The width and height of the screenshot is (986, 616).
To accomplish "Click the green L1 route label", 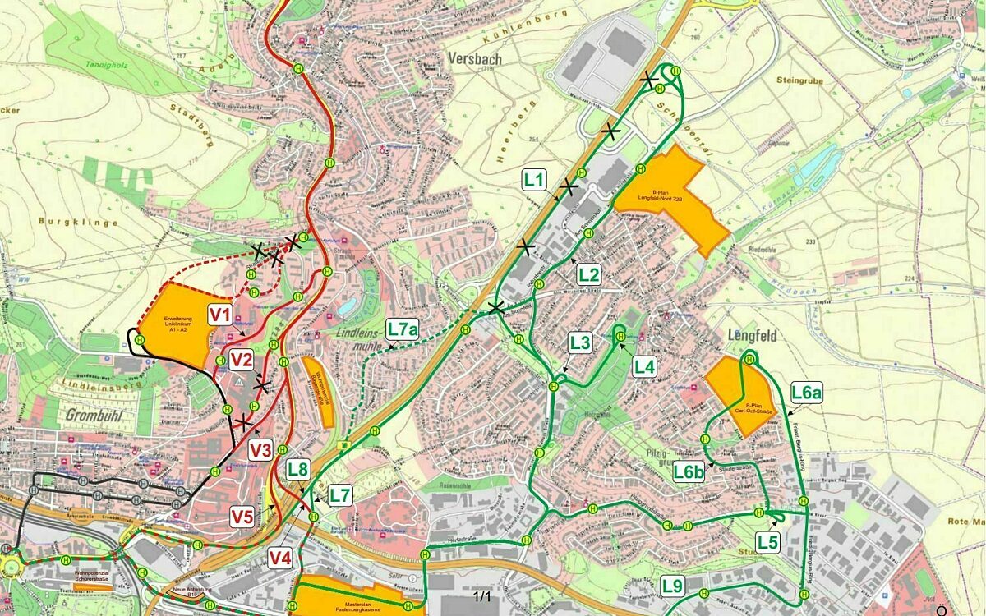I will [535, 178].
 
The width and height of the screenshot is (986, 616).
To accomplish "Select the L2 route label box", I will [589, 274].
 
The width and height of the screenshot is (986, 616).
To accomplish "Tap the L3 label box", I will [580, 342].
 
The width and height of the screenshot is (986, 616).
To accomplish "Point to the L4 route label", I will [645, 367].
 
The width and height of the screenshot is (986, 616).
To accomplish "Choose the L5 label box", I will [768, 542].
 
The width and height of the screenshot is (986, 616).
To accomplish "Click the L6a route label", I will [807, 393].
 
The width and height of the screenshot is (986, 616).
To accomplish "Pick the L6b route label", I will [689, 471].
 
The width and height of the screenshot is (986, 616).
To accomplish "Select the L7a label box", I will [403, 330].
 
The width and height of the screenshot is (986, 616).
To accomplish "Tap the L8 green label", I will [298, 471].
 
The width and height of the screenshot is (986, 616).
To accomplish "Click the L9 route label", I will [673, 586].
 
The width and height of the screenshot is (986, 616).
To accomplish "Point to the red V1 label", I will [220, 314].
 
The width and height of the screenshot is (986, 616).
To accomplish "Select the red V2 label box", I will [241, 359].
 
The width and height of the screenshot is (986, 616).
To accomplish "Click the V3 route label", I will [260, 450].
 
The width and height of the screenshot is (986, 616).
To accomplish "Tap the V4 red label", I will [280, 559].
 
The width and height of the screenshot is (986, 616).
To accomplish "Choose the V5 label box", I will [242, 517].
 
